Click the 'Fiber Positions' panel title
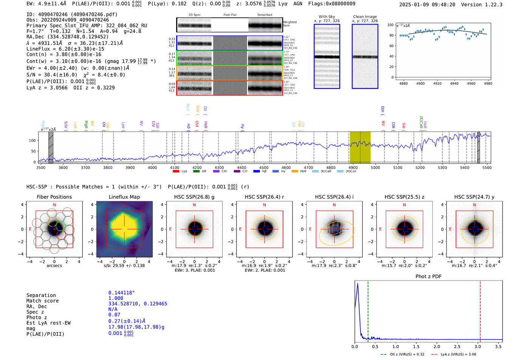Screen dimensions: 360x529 pyautogui.click(x=54, y=197)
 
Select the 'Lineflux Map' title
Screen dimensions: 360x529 pyautogui.click(x=124, y=197)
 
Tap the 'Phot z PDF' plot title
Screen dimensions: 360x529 pyautogui.click(x=428, y=276)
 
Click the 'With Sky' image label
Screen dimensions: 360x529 pyautogui.click(x=327, y=17)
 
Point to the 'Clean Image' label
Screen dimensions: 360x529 pyautogui.click(x=365, y=17)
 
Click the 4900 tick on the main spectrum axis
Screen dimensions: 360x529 pyautogui.click(x=353, y=167)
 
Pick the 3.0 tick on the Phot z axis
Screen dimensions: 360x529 pyautogui.click(x=478, y=346)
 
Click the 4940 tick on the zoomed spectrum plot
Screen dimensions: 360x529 pyautogui.click(x=454, y=83)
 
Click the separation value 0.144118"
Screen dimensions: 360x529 pyautogui.click(x=121, y=293)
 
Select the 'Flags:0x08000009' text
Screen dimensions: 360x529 pyautogui.click(x=331, y=3)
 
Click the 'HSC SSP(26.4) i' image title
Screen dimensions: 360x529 pyautogui.click(x=334, y=197)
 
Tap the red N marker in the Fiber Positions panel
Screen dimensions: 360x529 pyautogui.click(x=54, y=205)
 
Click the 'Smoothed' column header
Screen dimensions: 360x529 pyautogui.click(x=264, y=15)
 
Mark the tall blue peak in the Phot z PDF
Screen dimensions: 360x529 pyautogui.click(x=357, y=284)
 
